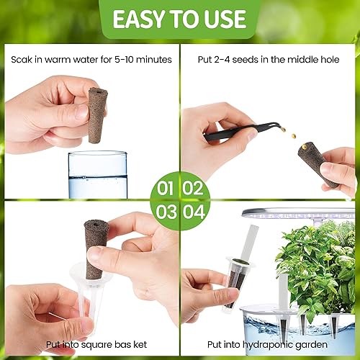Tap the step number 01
point(166,189)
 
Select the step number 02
point(194,189)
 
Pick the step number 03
point(166,212)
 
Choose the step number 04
point(194,212)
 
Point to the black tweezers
point(238,132)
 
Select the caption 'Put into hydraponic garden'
point(271,344)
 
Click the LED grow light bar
point(302,213)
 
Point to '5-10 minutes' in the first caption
point(144,59)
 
